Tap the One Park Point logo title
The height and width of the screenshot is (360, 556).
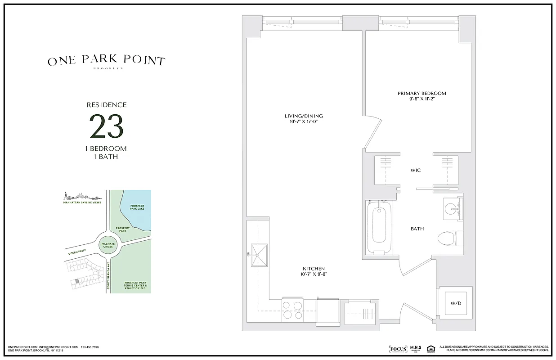tap(107, 61)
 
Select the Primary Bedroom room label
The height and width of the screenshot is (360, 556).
tap(421, 94)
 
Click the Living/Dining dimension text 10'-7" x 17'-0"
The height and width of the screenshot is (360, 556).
tap(304, 122)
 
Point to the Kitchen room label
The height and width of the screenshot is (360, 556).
tap(314, 269)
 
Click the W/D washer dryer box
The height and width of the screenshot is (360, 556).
tap(455, 303)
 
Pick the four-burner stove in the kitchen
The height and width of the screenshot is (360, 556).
tap(293, 310)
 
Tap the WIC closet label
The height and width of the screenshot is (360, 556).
tap(415, 171)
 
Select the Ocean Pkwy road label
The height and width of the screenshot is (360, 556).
tap(77, 252)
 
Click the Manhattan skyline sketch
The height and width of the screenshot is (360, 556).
tap(81, 196)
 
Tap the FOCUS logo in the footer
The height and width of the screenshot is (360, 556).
tap(398, 349)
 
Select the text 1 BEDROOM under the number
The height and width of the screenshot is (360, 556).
tap(107, 148)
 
